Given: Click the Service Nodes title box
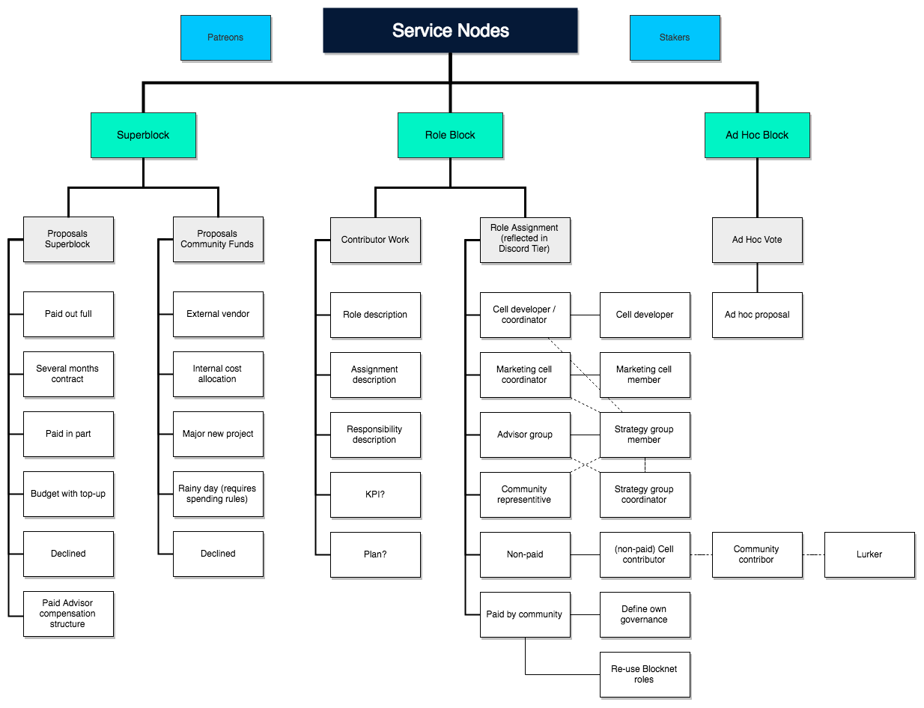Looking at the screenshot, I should click(450, 31).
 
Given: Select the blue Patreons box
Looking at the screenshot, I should click(225, 37).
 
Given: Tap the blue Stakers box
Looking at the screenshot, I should click(675, 37).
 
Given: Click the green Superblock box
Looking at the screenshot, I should click(143, 136).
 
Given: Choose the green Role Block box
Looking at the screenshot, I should click(450, 136).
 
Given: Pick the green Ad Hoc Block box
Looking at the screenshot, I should click(757, 136).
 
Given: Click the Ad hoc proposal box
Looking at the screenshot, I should click(757, 315).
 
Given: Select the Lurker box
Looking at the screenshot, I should click(869, 554).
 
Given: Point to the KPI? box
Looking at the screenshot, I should click(375, 494).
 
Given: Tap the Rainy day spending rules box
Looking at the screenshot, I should click(218, 494).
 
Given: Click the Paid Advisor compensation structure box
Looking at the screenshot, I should click(68, 614).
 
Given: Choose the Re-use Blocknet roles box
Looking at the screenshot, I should click(645, 674).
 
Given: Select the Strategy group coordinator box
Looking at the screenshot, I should click(645, 494).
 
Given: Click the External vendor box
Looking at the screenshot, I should click(218, 315).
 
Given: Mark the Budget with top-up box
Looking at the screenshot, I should click(68, 494).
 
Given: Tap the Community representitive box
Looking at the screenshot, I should click(525, 494).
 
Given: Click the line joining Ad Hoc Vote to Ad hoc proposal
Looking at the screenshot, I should click(757, 277).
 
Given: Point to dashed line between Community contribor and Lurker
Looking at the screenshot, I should click(813, 554).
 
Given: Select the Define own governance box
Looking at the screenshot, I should click(645, 614).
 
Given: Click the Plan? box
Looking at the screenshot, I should click(375, 554).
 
